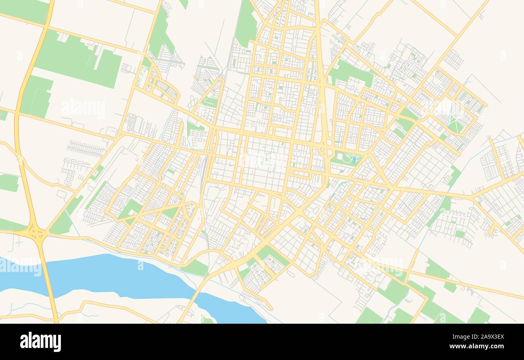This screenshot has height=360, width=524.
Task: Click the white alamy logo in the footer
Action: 40,342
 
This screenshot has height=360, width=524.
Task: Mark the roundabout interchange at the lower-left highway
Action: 35,233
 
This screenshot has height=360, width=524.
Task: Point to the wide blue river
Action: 121,278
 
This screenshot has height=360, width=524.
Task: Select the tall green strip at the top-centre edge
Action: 245,22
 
